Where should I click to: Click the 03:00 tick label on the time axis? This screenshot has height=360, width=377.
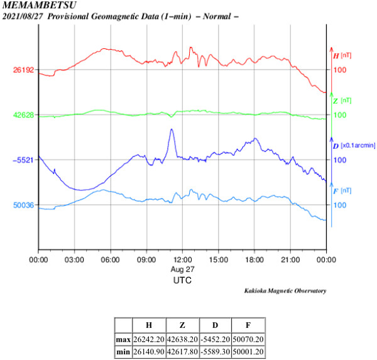75,259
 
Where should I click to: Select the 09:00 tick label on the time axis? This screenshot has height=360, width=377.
146,259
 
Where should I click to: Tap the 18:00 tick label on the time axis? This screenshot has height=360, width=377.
254,259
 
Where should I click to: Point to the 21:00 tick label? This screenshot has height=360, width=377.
290,259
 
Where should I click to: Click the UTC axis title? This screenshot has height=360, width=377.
182,281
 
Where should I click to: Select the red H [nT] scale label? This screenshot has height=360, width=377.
342,55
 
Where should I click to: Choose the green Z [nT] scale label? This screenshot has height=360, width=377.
342,101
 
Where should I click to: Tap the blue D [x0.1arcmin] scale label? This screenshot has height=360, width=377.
353,146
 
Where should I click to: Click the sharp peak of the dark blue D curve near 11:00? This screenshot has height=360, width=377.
171,129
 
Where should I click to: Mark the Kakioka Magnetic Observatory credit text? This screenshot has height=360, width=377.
285,291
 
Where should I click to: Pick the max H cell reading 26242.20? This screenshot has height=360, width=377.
148,339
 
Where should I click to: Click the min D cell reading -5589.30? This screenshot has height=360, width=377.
214,351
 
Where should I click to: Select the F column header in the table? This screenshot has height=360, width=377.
248,325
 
